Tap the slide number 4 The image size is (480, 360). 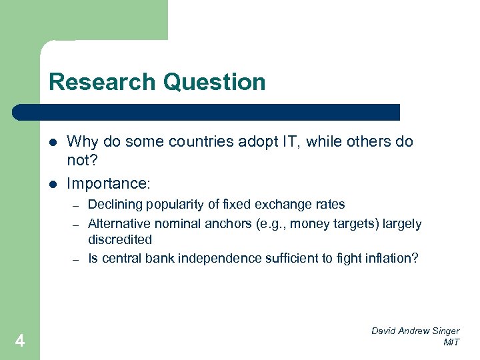tap(20, 341)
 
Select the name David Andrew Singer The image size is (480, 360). tap(416, 331)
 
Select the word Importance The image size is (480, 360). tap(106, 183)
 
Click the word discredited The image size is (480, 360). tap(120, 239)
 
